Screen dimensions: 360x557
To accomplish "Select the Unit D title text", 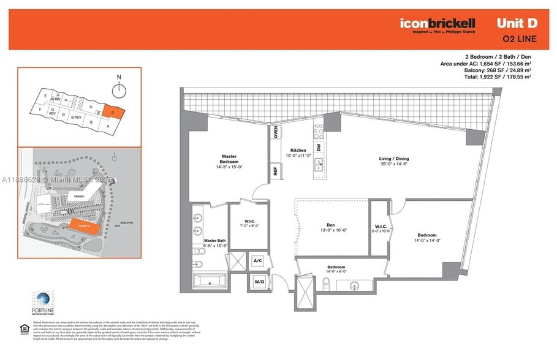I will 517,23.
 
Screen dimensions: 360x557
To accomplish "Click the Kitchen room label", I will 298,151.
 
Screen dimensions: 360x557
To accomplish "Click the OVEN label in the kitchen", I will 276,132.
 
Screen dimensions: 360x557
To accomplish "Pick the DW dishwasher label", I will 319,148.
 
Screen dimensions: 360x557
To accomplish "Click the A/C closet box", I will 259,261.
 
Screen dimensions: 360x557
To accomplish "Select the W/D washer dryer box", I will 259,282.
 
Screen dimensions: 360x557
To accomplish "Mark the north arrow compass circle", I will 120,91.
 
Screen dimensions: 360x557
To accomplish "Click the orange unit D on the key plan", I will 114,112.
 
